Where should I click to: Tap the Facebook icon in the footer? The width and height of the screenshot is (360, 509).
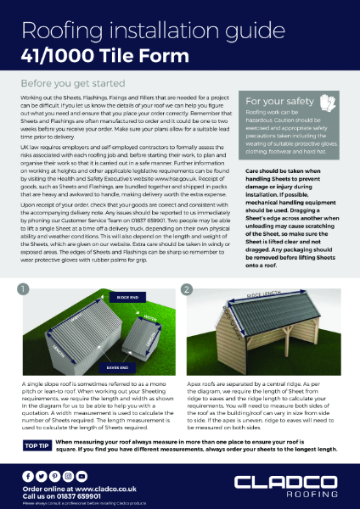click(29, 477)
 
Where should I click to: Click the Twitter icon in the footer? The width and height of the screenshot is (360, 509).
click(42, 477)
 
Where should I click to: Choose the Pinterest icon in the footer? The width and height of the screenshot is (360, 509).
click(56, 477)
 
